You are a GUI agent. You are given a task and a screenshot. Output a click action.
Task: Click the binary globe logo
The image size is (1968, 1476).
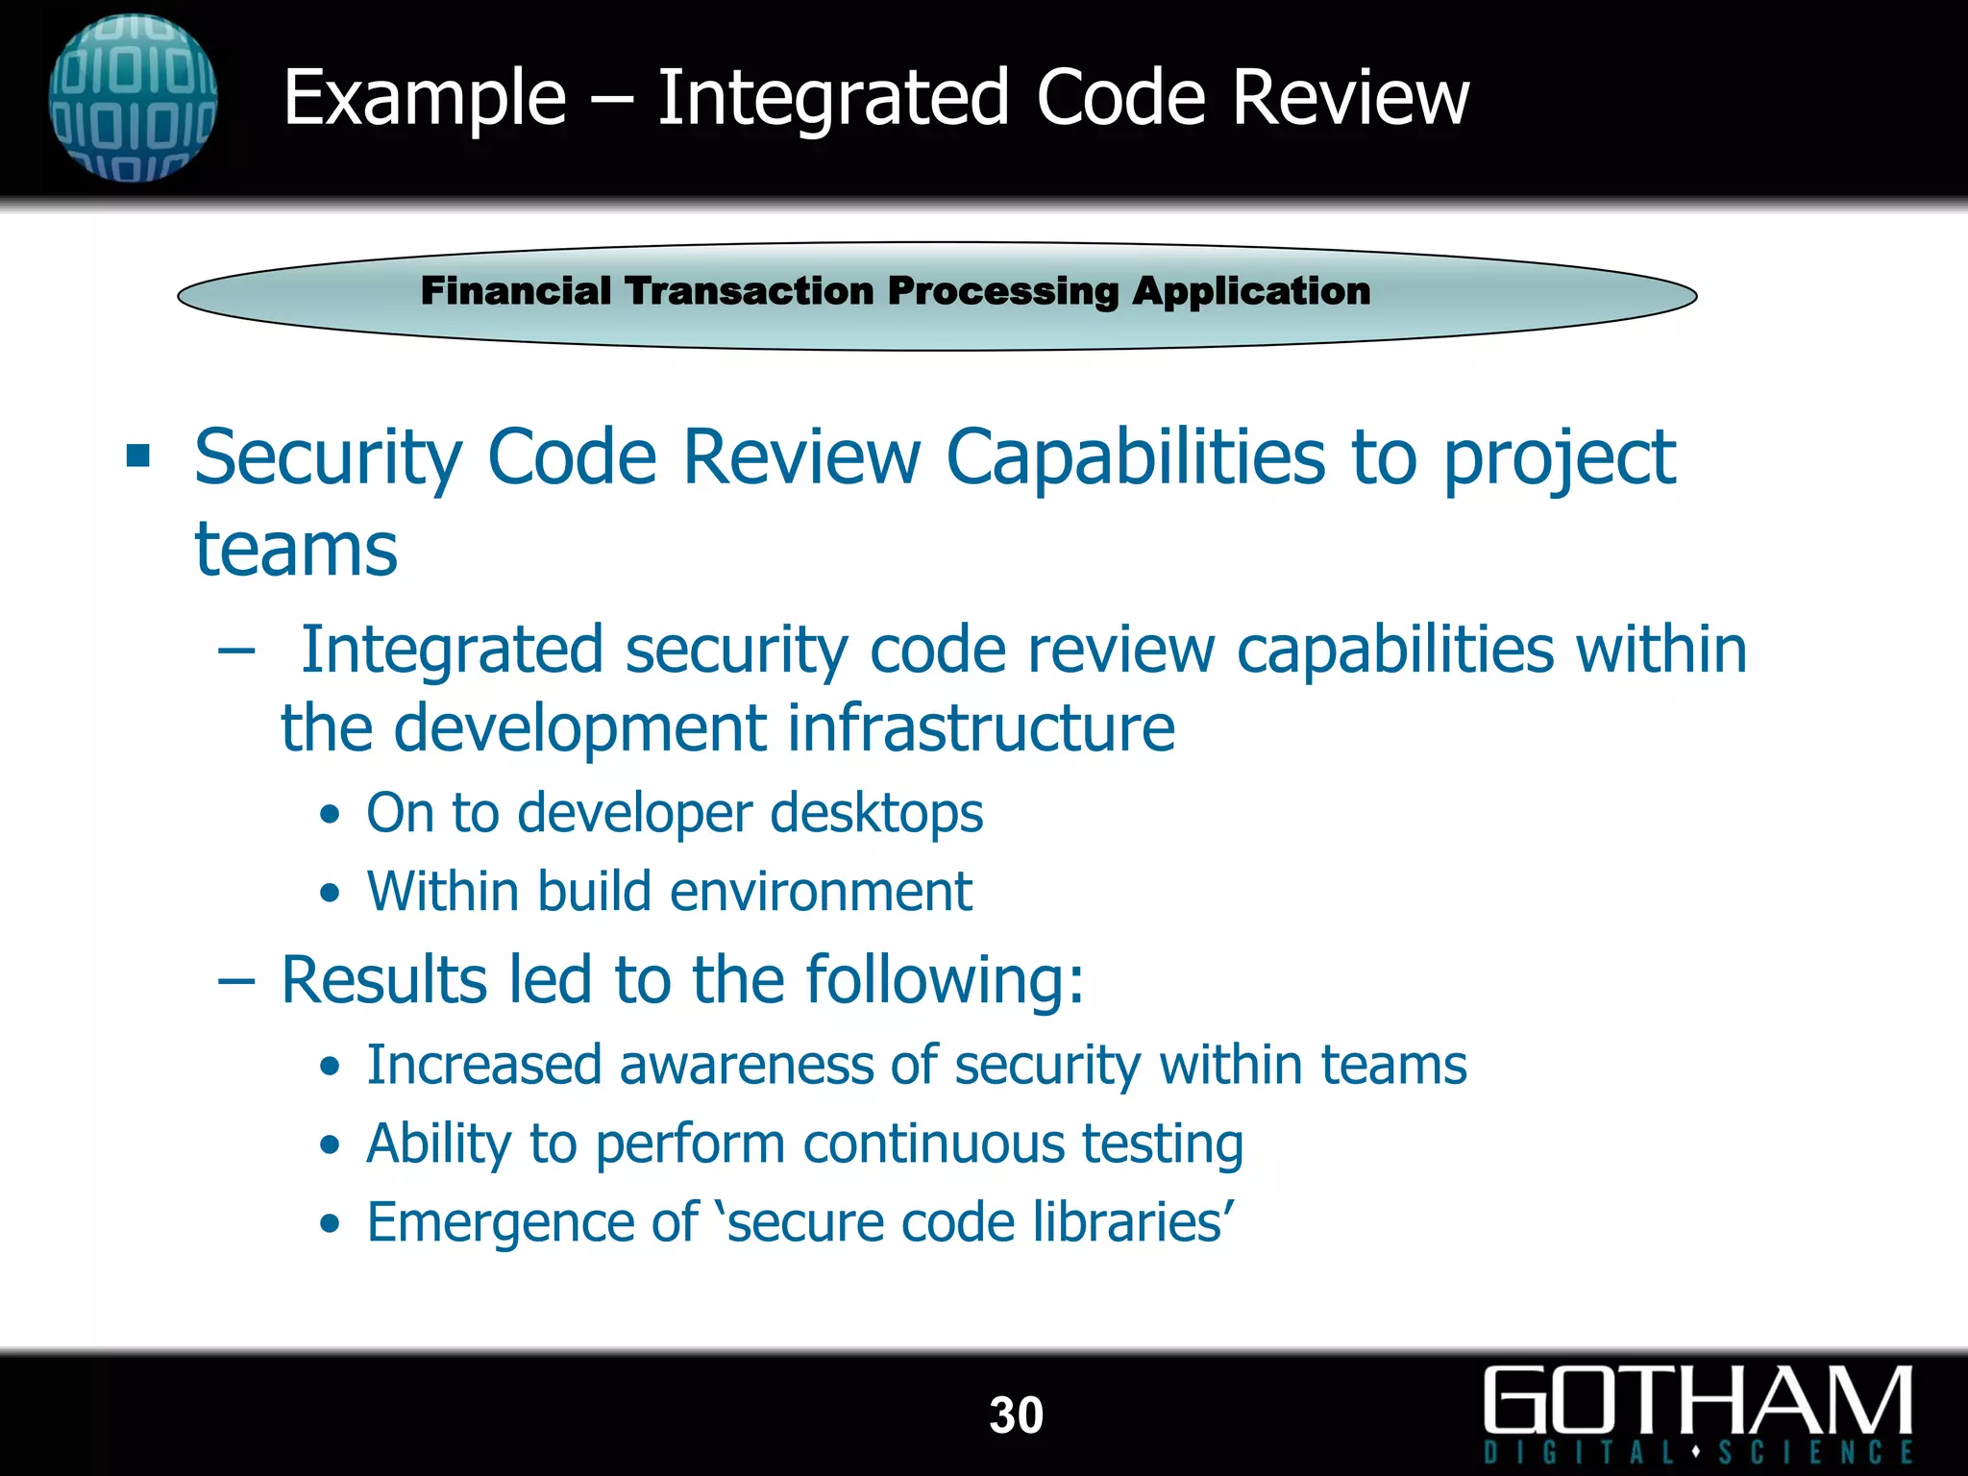click(133, 98)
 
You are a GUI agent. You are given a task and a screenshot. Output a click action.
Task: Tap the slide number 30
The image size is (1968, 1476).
click(1016, 1415)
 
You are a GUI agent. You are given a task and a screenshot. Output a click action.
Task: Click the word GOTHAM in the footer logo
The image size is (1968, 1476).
click(1697, 1401)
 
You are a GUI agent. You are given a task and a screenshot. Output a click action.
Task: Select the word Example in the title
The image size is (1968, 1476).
click(425, 98)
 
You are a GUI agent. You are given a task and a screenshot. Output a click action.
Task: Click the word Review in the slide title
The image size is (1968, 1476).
click(1350, 98)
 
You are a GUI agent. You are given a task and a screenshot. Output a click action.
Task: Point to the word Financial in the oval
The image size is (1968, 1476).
click(515, 291)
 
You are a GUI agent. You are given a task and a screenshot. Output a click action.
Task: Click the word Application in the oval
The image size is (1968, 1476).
click(1251, 291)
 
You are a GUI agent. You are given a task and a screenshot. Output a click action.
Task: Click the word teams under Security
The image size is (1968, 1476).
click(296, 550)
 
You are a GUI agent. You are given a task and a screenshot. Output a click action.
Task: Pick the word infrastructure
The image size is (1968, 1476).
click(981, 727)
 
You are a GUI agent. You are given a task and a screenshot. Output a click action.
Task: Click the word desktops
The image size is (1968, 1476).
click(876, 813)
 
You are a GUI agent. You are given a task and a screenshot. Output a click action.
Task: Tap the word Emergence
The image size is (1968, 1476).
click(500, 1222)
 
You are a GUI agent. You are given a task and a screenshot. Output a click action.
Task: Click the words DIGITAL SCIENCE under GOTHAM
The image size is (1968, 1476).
click(1697, 1451)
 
